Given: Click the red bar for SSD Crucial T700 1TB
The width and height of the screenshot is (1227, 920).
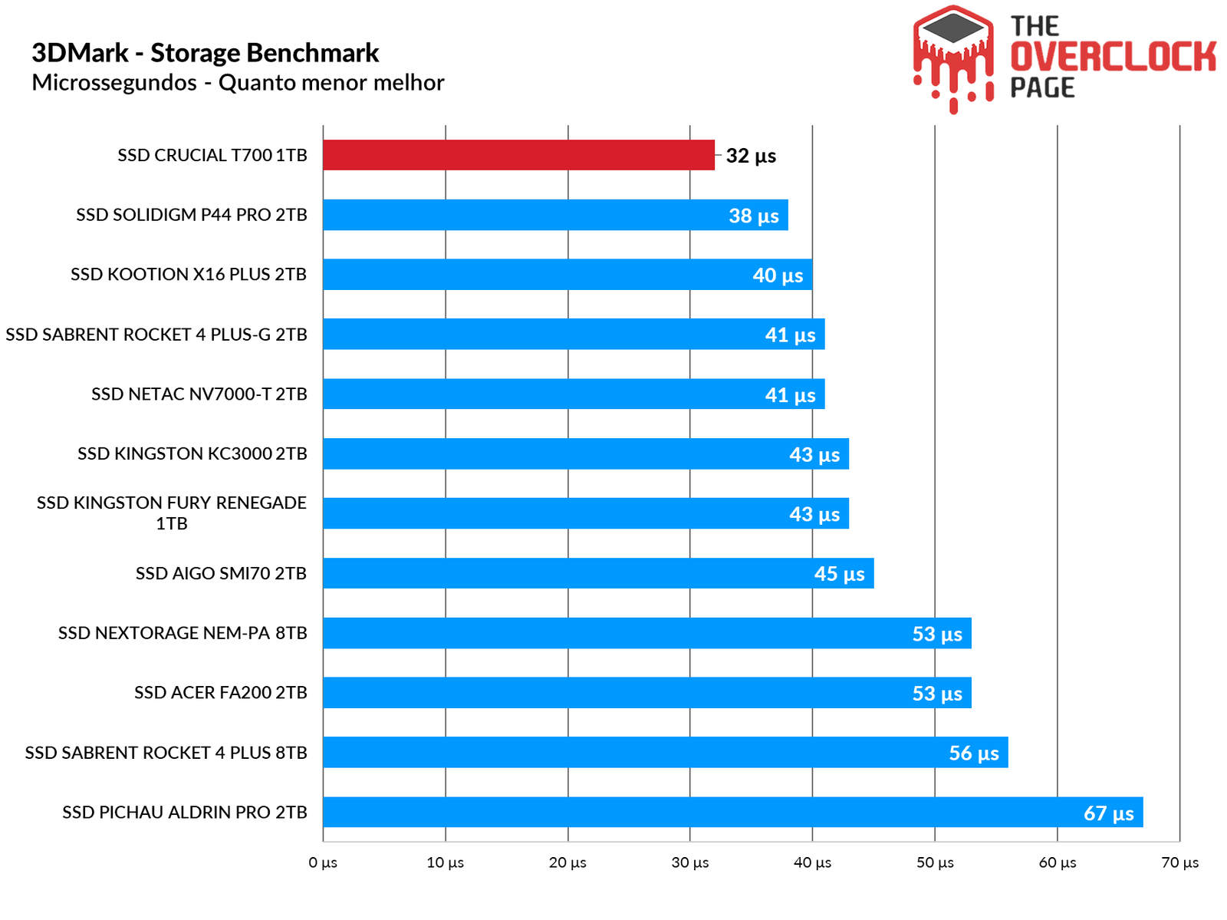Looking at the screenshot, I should click(x=518, y=155).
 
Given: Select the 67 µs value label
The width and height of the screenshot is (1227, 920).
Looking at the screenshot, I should click(x=1108, y=813).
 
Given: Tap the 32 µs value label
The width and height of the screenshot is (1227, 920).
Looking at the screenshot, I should click(x=751, y=156).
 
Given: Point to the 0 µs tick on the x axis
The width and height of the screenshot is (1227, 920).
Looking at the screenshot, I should click(x=323, y=862).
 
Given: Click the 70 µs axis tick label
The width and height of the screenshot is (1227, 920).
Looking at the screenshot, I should click(x=1179, y=862).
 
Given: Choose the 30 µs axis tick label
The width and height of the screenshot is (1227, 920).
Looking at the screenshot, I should click(x=690, y=862).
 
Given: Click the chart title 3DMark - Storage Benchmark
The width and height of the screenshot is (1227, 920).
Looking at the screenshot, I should click(x=205, y=53).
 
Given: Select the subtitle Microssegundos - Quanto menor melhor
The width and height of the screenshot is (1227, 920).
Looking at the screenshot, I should click(x=238, y=83).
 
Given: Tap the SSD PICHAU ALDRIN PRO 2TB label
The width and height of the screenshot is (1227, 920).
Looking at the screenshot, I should click(x=185, y=812).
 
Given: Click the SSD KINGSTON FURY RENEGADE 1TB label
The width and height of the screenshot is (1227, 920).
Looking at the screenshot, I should click(x=172, y=513).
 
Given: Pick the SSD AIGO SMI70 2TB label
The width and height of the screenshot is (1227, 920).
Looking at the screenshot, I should click(x=221, y=573).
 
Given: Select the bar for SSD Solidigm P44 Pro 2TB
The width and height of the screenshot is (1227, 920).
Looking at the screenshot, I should click(x=555, y=215).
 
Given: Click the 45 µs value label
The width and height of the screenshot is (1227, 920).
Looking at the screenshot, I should click(x=839, y=574).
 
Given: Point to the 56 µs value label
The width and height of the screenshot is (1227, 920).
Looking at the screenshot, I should click(x=974, y=753).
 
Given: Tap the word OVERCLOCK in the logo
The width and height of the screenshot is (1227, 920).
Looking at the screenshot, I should click(x=1113, y=57).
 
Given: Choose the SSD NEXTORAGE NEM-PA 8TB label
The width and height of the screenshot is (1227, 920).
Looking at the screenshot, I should click(x=183, y=633).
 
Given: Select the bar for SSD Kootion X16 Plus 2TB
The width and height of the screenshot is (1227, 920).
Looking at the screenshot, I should click(x=567, y=275).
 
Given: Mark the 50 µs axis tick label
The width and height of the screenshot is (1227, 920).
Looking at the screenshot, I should click(x=935, y=862).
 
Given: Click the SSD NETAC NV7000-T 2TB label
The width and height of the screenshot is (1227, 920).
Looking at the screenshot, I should click(x=199, y=394).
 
